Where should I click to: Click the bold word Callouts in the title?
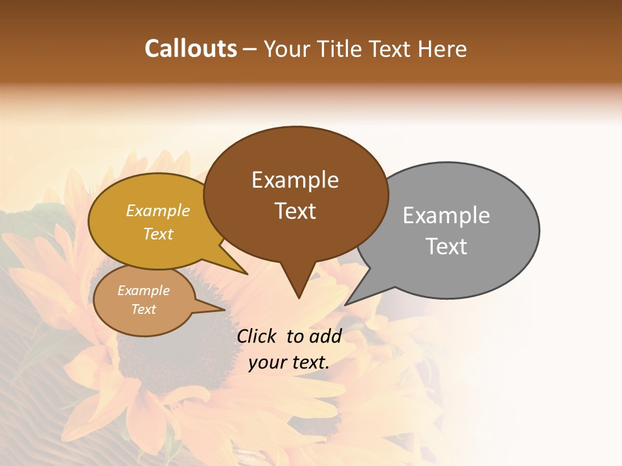coord(190,49)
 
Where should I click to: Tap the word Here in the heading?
coord(442,49)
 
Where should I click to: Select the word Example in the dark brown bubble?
coord(295,180)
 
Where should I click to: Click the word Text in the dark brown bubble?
coord(295,211)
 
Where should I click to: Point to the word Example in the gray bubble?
coord(446,216)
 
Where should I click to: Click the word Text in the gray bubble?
coord(446,247)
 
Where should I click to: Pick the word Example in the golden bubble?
coord(157,210)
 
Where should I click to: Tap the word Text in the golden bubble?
coord(157,234)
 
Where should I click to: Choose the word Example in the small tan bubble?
coord(143,291)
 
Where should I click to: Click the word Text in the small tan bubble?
coord(143,309)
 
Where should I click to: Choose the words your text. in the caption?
coord(288,362)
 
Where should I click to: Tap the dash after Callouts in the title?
coord(251,49)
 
